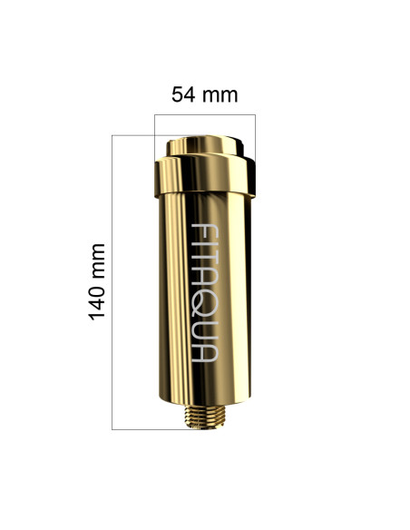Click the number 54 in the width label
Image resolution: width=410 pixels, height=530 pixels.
[x=183, y=94]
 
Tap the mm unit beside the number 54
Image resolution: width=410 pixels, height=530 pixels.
[x=220, y=96]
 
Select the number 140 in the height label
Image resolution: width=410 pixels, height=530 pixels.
[x=97, y=297]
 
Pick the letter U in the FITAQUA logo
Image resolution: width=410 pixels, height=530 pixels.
[x=205, y=332]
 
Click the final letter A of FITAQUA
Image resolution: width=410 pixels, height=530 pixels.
[x=205, y=353]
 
